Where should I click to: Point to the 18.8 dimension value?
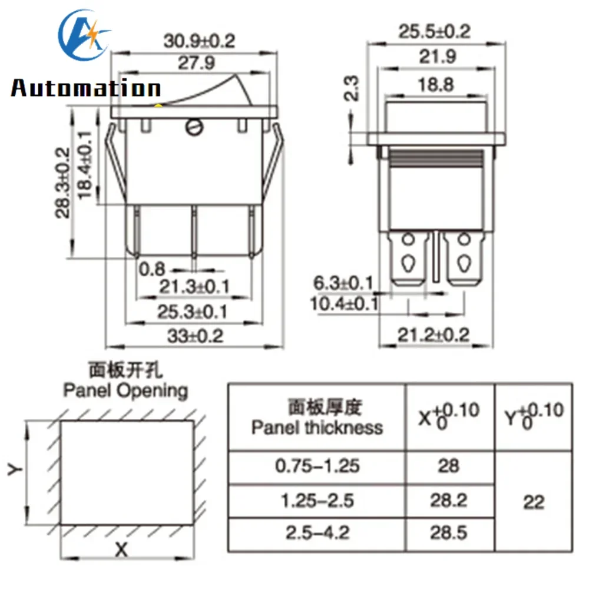click(437, 84)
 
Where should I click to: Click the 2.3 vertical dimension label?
click(352, 88)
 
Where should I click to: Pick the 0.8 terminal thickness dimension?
click(151, 269)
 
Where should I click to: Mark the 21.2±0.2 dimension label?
click(434, 335)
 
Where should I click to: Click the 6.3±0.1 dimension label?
click(343, 283)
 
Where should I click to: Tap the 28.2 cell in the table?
click(449, 501)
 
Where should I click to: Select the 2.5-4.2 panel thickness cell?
click(317, 533)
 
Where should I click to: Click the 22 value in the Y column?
click(533, 502)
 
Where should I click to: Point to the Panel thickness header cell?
click(317, 418)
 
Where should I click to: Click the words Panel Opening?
click(125, 390)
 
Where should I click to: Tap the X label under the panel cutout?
click(121, 550)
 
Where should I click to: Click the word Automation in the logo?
click(86, 89)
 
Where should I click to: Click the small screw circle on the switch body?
click(193, 125)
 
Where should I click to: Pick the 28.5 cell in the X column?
click(449, 533)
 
